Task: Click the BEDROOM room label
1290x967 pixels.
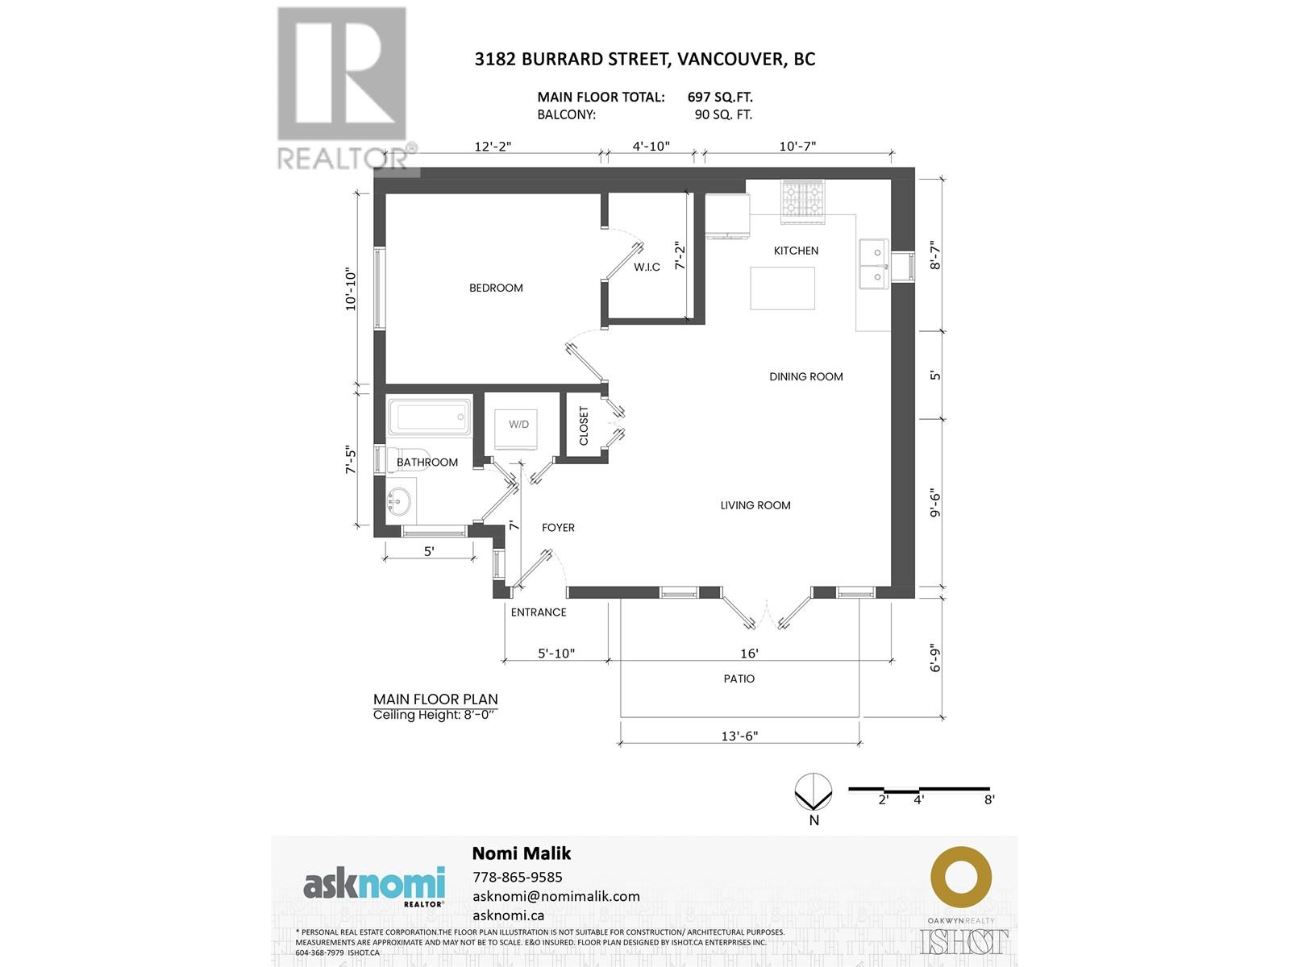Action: click(495, 288)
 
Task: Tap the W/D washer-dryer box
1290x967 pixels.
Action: click(515, 430)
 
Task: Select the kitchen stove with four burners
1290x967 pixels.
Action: click(802, 201)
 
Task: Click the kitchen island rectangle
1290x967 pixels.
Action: click(782, 288)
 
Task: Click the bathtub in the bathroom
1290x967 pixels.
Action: click(429, 417)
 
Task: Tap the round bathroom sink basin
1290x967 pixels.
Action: click(400, 501)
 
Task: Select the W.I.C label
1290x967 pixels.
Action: click(647, 268)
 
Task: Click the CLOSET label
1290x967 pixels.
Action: click(584, 425)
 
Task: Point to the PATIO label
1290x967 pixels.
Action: click(739, 679)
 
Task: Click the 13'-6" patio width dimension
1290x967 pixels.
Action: click(739, 736)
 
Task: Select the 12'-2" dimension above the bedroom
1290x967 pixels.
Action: click(493, 146)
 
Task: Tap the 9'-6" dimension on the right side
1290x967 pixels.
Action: click(934, 505)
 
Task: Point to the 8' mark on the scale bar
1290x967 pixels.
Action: click(990, 799)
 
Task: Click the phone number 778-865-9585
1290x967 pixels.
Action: click(517, 877)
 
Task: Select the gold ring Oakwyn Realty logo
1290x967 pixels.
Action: click(961, 878)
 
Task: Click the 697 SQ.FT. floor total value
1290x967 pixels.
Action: click(720, 98)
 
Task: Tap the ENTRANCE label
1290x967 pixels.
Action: click(539, 612)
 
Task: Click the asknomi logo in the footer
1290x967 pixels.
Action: click(374, 886)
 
